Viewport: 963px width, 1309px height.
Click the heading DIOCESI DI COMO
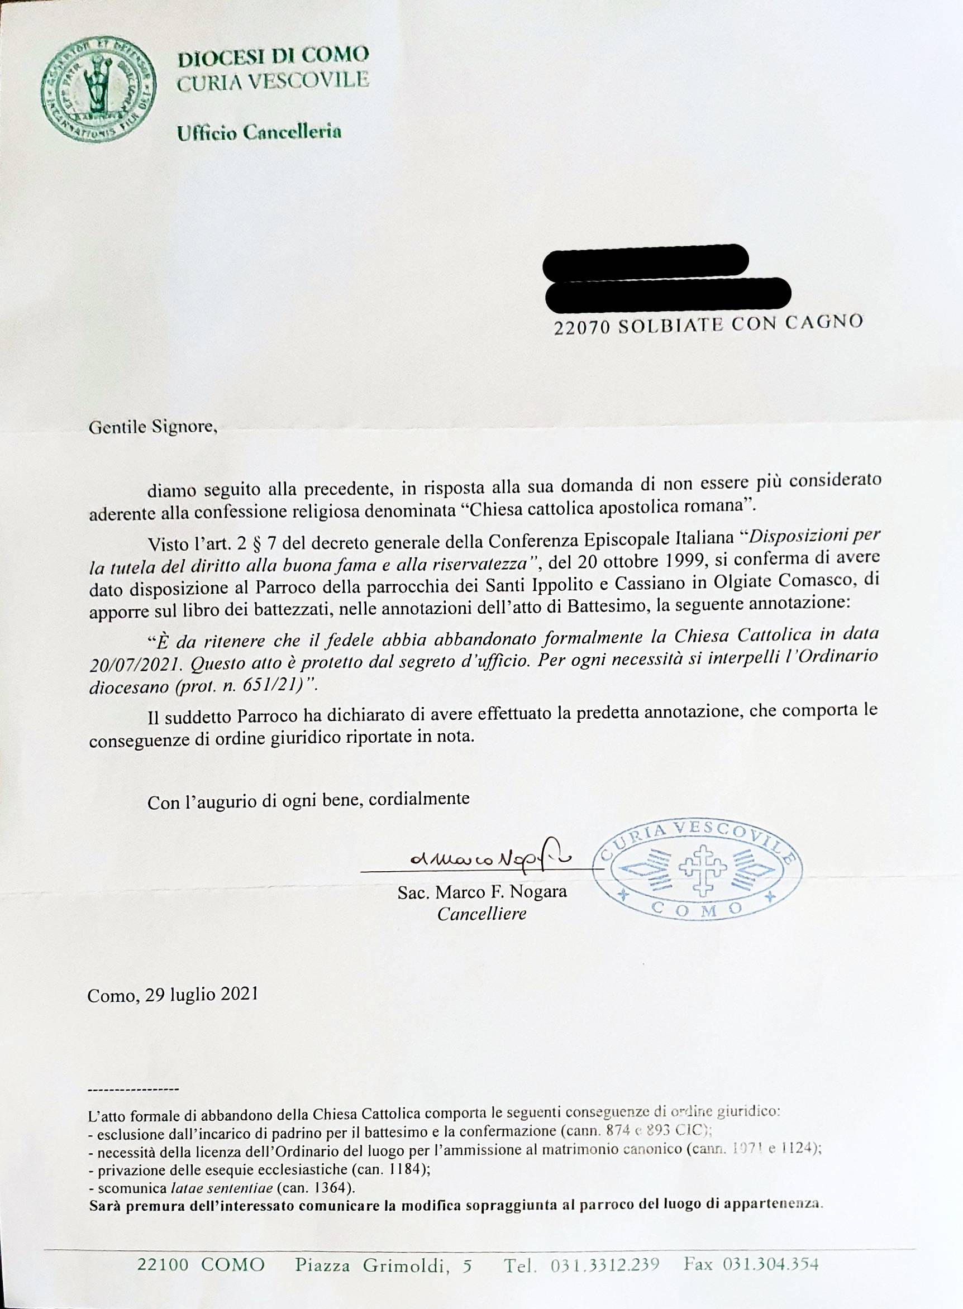click(x=273, y=56)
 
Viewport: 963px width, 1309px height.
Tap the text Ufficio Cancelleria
click(x=259, y=133)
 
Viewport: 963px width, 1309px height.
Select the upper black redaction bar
click(x=645, y=260)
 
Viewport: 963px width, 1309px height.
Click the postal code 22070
click(x=581, y=328)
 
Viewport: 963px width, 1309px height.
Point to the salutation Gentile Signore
click(x=152, y=427)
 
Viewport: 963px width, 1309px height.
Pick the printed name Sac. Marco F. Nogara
click(x=481, y=892)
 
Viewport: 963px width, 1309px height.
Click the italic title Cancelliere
click(x=481, y=913)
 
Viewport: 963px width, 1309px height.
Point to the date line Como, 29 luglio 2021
click(x=173, y=994)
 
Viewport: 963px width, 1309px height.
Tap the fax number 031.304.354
click(x=771, y=1265)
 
